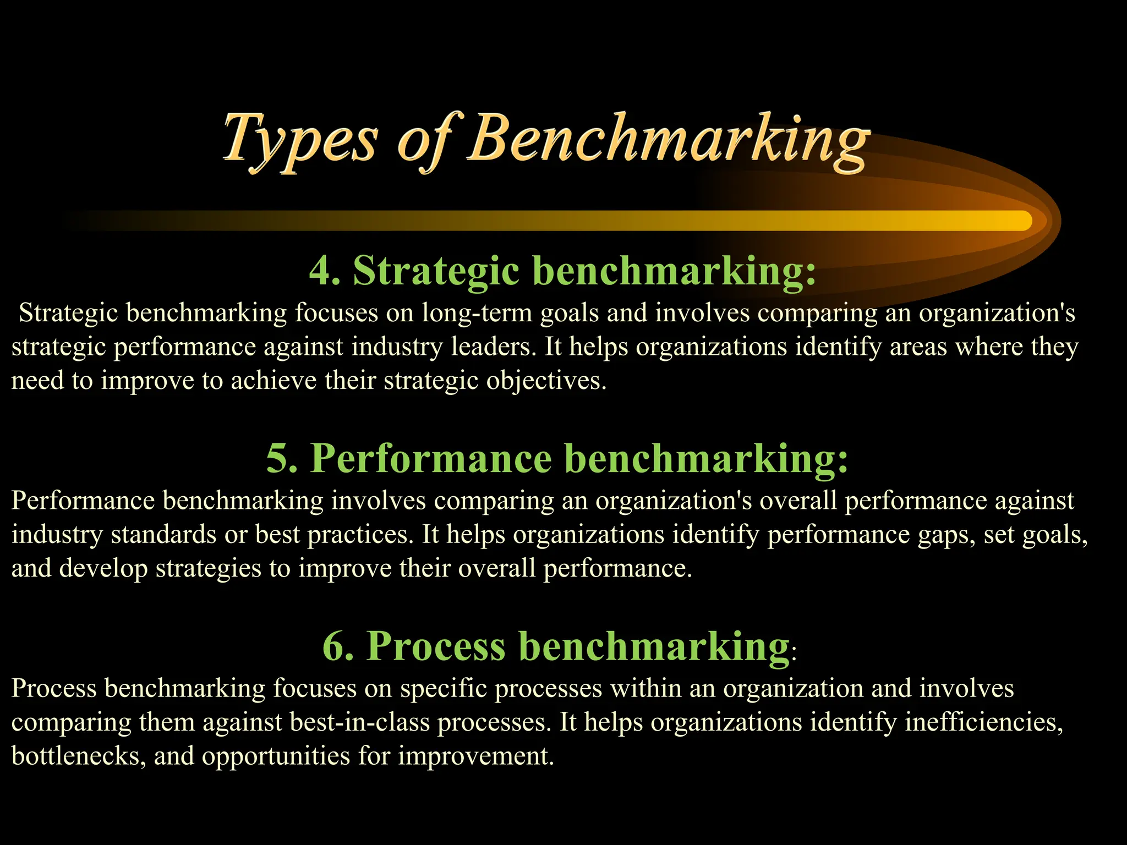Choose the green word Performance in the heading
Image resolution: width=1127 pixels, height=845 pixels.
click(x=431, y=458)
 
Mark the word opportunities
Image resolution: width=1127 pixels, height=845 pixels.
click(x=276, y=756)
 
